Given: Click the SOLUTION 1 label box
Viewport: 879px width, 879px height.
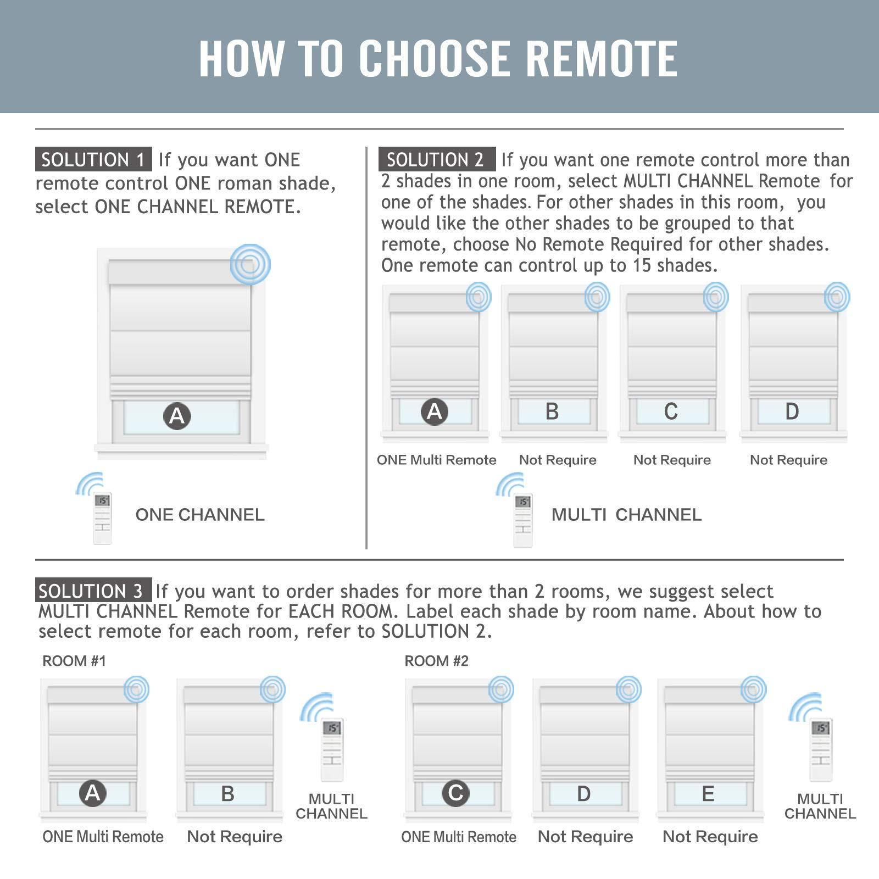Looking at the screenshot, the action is tap(93, 159).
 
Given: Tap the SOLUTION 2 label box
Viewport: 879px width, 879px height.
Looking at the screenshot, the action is tap(437, 159).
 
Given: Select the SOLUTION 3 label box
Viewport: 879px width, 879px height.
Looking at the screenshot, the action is tap(93, 591).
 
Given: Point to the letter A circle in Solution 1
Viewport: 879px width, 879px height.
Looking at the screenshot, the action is tap(177, 416).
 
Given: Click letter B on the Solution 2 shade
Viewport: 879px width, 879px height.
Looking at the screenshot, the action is tap(552, 411).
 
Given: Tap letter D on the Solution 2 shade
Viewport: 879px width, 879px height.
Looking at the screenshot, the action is tap(792, 411).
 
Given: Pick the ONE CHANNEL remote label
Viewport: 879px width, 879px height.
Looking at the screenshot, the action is tap(200, 515).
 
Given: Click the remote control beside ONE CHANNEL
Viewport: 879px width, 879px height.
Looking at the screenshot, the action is tap(102, 518).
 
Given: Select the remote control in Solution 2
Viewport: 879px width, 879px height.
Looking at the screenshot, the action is tap(523, 520).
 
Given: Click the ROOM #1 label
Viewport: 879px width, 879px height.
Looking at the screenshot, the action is tap(74, 661).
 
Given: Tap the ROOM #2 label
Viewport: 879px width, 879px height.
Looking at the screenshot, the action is tap(437, 661).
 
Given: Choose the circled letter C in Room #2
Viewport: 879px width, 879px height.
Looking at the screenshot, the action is tap(456, 793).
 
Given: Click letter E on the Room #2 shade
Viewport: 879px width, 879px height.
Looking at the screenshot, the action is tap(708, 794).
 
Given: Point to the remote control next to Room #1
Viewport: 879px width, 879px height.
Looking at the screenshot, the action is tap(332, 750).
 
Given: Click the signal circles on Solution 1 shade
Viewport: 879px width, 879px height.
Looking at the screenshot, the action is tap(251, 264).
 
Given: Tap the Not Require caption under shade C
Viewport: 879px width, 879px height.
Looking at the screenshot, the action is tap(672, 460).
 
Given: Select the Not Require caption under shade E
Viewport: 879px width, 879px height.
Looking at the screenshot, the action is tap(710, 837).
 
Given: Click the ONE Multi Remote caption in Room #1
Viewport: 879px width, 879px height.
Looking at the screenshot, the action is tap(103, 837).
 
